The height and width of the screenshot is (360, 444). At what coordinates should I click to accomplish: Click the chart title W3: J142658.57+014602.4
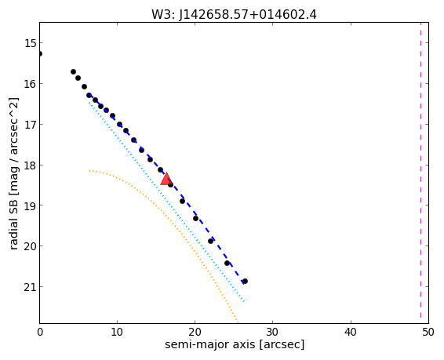[234, 14]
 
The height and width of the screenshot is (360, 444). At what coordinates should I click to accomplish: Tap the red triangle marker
[166, 179]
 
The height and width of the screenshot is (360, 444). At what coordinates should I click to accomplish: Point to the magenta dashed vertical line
[420, 173]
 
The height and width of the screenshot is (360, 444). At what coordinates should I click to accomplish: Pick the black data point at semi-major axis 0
[40, 54]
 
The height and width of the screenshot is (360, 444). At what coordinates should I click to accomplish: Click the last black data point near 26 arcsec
[246, 281]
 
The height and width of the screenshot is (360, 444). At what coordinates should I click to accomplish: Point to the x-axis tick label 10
[117, 332]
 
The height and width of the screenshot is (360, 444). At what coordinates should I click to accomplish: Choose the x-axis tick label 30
[273, 332]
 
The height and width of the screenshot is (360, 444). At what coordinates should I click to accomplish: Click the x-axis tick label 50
[428, 332]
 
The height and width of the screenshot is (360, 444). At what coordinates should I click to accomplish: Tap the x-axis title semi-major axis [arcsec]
[235, 345]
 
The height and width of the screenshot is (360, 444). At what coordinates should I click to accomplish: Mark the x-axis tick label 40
[351, 332]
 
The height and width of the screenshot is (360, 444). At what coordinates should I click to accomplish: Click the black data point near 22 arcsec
[211, 241]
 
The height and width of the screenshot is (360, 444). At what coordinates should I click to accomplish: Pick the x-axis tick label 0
[40, 332]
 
